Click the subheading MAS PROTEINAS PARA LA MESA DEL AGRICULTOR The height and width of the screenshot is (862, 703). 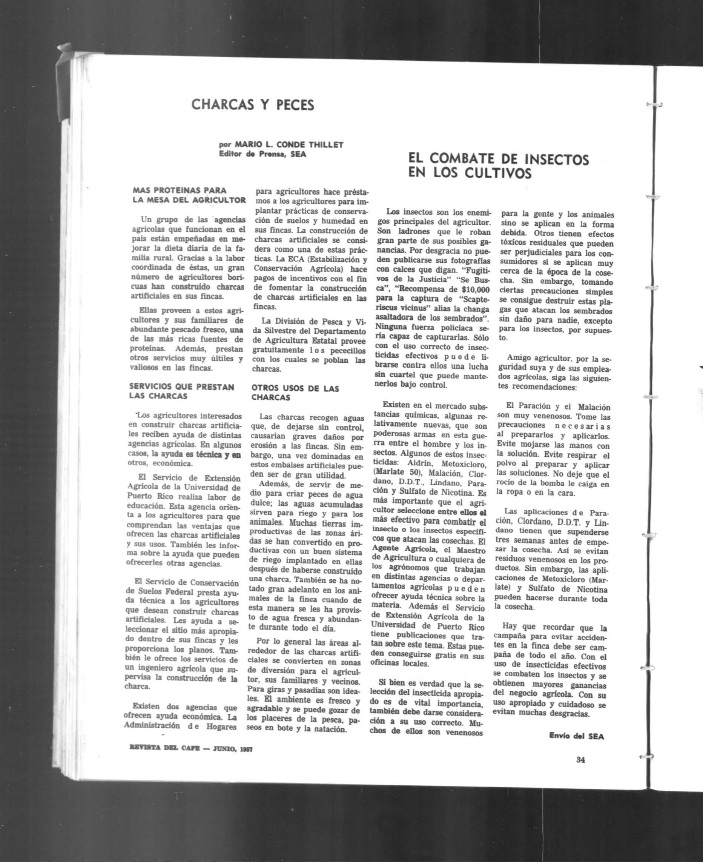[x=189, y=195]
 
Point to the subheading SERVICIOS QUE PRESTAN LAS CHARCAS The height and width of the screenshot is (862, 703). [x=181, y=391]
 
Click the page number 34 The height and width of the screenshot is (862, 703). [x=580, y=760]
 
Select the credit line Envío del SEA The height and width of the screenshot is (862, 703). [x=576, y=736]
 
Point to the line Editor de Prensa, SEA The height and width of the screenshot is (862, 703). [x=262, y=154]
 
